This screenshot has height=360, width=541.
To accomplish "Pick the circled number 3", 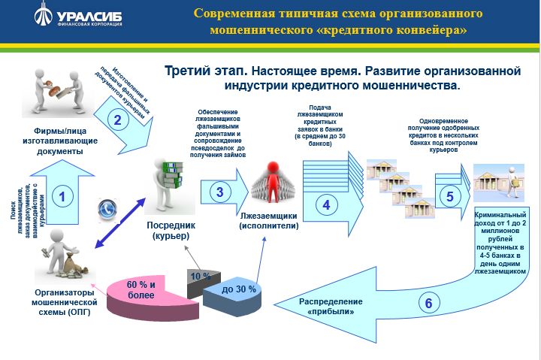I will click(x=219, y=192).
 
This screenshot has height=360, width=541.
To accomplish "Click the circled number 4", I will click(x=326, y=203).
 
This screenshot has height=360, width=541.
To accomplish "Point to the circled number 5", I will click(x=449, y=197).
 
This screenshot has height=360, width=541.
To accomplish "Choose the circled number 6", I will click(x=428, y=304).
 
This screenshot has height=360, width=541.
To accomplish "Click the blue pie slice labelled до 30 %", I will click(x=239, y=290).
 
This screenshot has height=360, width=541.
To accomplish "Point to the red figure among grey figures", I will click(x=268, y=181).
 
